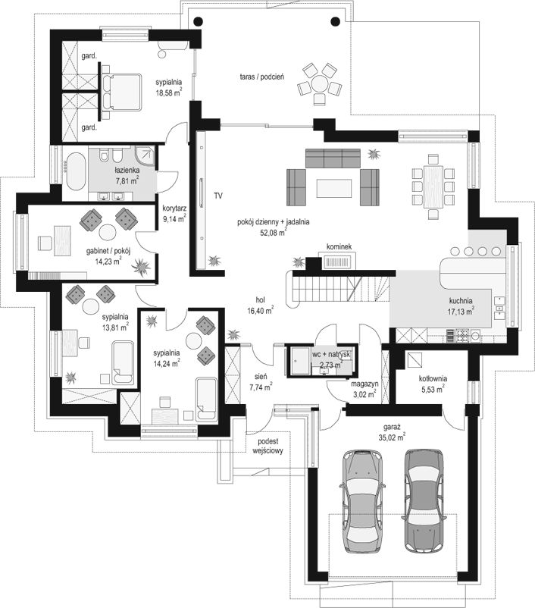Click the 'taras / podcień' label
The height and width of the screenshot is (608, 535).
(x=261, y=77)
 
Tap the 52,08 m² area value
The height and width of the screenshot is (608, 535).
(x=274, y=233)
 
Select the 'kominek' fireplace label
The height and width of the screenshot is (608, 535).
(x=339, y=246)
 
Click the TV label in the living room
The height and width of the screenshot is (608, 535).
(x=218, y=196)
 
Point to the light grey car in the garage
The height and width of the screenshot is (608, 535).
(x=362, y=502)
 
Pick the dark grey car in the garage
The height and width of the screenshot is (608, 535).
(x=424, y=500)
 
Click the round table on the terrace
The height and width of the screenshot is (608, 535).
(x=320, y=83)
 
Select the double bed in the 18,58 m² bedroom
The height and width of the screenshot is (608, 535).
(x=121, y=92)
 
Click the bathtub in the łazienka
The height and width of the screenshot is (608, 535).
(x=75, y=171)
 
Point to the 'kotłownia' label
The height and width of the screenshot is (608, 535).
(x=433, y=378)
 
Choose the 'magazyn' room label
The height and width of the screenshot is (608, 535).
(x=364, y=384)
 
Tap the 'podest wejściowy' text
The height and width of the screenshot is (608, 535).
(x=268, y=446)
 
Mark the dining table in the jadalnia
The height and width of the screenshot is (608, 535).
(x=433, y=187)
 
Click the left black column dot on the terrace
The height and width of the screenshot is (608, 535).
(x=197, y=21)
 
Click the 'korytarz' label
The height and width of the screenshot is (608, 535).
(x=174, y=208)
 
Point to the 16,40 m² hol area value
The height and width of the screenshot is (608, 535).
(x=261, y=310)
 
